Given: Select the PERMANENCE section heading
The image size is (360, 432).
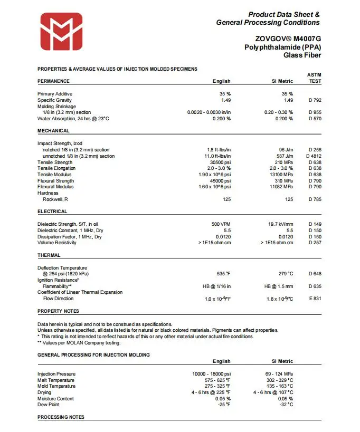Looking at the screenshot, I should click(x=53, y=81).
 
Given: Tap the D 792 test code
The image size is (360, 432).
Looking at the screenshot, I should click(x=315, y=100).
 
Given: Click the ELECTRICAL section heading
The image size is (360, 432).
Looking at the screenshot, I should click(x=52, y=212).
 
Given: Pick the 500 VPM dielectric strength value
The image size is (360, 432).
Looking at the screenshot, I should click(x=221, y=224).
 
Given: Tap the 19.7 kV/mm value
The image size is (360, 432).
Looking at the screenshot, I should click(x=280, y=224).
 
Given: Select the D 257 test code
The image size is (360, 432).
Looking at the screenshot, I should click(x=315, y=243).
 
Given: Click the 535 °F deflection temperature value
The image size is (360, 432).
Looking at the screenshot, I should click(x=221, y=274).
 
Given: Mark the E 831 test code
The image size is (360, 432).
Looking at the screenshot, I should click(x=315, y=299).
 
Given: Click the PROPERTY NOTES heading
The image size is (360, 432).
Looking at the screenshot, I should click(x=58, y=311).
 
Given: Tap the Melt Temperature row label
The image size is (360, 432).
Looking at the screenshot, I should click(x=56, y=380).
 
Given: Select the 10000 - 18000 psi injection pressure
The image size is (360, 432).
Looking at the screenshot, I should click(x=211, y=374).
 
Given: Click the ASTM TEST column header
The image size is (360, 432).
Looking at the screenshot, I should click(x=314, y=78).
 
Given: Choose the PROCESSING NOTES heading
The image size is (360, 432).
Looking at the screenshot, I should click(x=61, y=417).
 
